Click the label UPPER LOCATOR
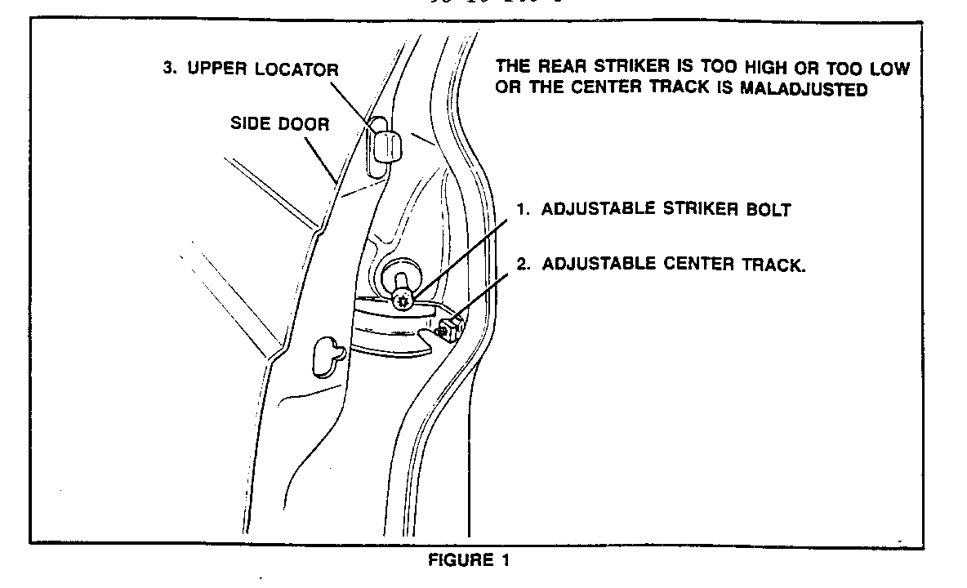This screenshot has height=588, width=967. click(251, 69)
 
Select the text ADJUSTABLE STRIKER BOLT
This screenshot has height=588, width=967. click(654, 209)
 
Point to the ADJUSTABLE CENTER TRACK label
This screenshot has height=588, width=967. click(662, 264)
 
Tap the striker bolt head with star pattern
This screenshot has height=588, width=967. click(402, 300)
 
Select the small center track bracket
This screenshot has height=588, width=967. click(450, 328)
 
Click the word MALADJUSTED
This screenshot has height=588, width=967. click(804, 90)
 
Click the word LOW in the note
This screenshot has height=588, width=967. click(889, 69)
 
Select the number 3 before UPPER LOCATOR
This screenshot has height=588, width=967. click(168, 69)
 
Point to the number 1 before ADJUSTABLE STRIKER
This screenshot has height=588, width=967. click(520, 209)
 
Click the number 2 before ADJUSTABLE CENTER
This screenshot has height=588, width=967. click(520, 264)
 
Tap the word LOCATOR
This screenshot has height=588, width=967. click(297, 69)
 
